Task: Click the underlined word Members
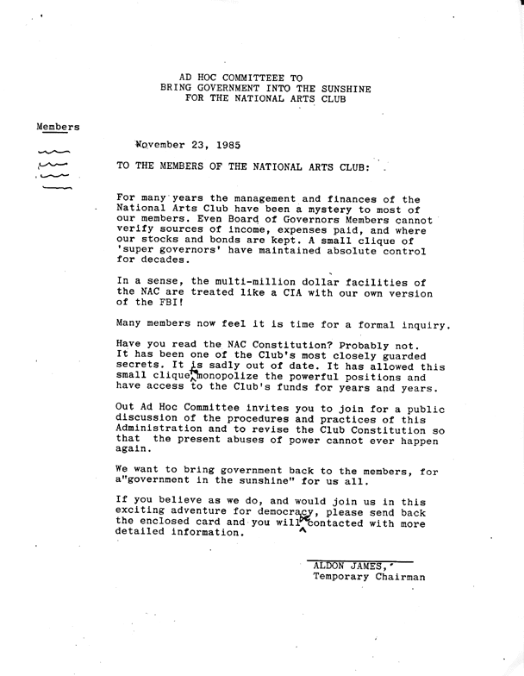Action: click(x=58, y=127)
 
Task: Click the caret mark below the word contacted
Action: click(x=302, y=531)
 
